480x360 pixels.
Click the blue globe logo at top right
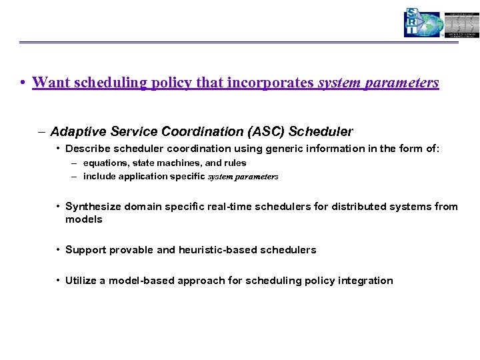coord(424,23)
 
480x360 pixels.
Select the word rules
coord(234,163)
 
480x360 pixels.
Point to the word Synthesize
coord(94,207)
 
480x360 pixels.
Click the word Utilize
coord(82,281)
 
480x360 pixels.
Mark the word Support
coord(85,250)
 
